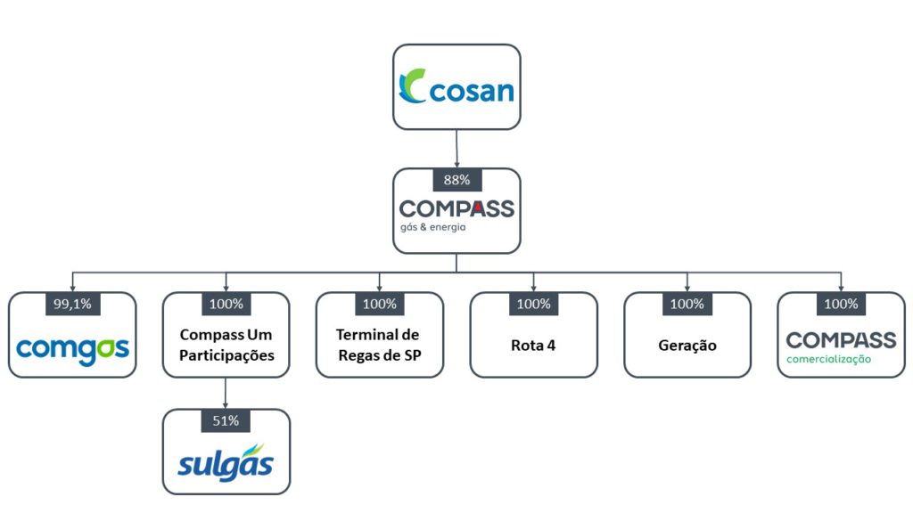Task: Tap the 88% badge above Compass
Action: pos(456,180)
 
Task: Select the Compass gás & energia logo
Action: pos(456,215)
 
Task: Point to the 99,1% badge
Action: pos(71,304)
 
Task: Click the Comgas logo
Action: pos(72,346)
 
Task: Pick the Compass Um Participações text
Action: pos(226,345)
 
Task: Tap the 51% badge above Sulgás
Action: pos(226,420)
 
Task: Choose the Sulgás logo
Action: pos(226,461)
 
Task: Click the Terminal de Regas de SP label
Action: pos(380,345)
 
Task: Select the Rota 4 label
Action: pos(534,346)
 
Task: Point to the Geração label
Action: pos(687,346)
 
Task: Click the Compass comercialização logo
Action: pos(841,346)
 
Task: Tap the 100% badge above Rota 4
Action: pos(534,304)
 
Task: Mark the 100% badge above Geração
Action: pos(687,304)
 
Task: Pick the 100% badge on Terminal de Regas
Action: pos(380,304)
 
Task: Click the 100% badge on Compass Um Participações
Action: pos(226,304)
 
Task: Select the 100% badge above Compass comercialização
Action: pos(841,304)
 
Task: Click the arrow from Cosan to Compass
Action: pos(456,149)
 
